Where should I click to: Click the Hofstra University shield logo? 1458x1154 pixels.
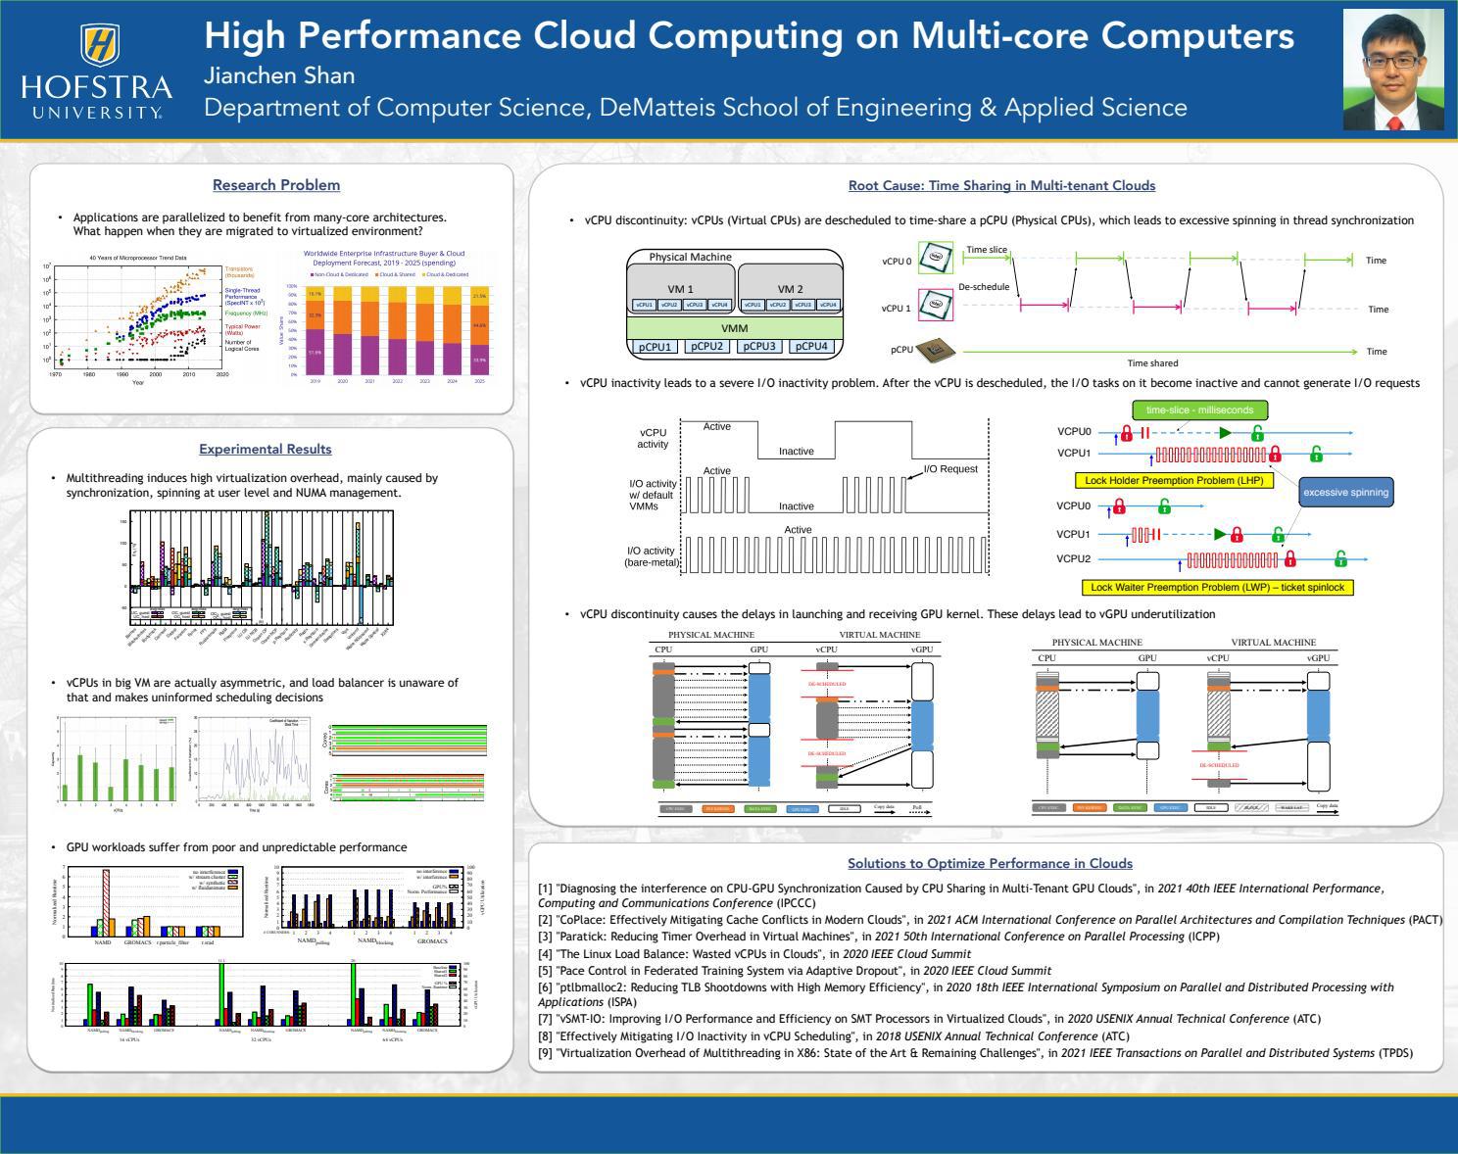[x=99, y=43]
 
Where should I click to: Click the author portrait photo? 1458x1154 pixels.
[x=1391, y=70]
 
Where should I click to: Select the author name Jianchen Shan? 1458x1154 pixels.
[x=279, y=75]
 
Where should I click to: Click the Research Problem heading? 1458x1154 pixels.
[x=276, y=185]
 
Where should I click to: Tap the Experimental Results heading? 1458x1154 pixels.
[x=266, y=450]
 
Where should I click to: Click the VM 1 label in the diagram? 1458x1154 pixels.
[x=680, y=289]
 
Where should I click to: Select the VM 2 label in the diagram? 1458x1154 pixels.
[x=790, y=289]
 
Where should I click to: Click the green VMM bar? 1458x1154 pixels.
[x=734, y=328]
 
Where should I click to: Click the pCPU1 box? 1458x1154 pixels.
[x=655, y=347]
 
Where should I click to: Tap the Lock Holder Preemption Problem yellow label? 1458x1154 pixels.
[x=1173, y=480]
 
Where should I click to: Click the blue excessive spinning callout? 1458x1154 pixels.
[x=1345, y=493]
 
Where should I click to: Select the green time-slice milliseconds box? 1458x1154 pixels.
[x=1199, y=410]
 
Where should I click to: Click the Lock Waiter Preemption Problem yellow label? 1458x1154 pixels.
[x=1218, y=588]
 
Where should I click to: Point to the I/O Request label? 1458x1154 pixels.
[x=950, y=469]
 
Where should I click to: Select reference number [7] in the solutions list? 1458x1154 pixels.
[x=546, y=1019]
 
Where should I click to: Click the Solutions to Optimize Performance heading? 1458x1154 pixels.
[x=990, y=864]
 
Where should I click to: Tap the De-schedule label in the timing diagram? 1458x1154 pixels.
[x=984, y=287]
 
